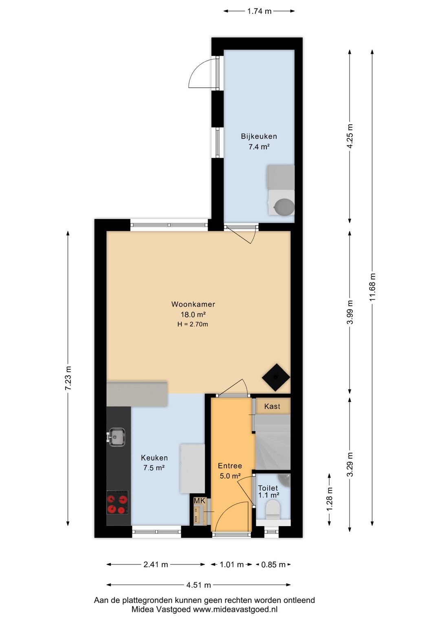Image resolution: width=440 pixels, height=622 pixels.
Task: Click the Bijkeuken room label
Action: click(x=259, y=136)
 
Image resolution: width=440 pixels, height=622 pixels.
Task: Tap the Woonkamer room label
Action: click(x=193, y=304)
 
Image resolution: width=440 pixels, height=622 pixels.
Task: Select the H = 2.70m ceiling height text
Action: click(x=193, y=324)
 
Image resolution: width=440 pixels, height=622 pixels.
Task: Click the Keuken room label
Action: click(x=154, y=458)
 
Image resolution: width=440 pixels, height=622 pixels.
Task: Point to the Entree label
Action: click(x=230, y=465)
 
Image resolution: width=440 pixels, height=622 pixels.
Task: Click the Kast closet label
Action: click(x=272, y=406)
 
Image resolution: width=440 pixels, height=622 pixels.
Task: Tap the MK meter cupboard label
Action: click(x=200, y=501)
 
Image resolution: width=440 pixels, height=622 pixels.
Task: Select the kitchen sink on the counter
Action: click(x=117, y=437)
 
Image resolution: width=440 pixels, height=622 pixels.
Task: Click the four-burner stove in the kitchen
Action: click(x=117, y=502)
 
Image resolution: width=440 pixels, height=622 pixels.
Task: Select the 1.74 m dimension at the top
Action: click(x=259, y=11)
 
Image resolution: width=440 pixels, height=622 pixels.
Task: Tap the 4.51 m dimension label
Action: click(x=198, y=585)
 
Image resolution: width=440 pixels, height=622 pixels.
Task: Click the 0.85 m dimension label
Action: click(x=273, y=565)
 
